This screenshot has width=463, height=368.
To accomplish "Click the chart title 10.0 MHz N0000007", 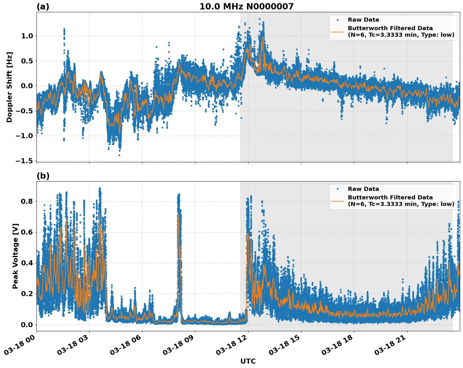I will (246, 7).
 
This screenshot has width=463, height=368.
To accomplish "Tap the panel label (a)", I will (43, 7).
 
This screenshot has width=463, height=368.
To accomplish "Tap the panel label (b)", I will (43, 176).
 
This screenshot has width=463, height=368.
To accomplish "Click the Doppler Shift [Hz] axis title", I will (9, 87).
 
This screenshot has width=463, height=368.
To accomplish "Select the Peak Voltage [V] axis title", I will (15, 256).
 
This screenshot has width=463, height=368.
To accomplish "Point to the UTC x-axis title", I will (248, 361).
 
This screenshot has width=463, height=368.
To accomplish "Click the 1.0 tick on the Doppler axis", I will (27, 36).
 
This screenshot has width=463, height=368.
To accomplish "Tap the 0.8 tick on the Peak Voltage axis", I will (27, 201).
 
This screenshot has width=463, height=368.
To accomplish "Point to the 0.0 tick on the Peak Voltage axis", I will (27, 325).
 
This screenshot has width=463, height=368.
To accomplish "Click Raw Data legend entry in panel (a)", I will (363, 20).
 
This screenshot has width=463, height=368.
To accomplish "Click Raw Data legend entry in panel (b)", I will (363, 189).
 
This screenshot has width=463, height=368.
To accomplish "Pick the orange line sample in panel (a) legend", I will (337, 31).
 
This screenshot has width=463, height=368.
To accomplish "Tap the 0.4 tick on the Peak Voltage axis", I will (27, 263).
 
